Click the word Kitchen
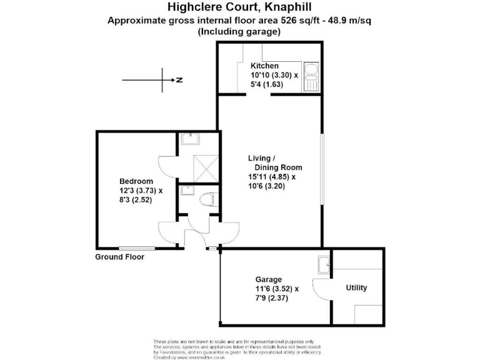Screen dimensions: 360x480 [x=264, y=66]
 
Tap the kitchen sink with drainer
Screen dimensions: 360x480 [x=311, y=77]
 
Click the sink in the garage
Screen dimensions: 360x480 [x=324, y=265]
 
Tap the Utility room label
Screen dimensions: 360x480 [x=356, y=288]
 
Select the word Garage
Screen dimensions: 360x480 [x=268, y=279]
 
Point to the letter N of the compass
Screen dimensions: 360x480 [x=179, y=80]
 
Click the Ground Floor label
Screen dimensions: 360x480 [x=119, y=257]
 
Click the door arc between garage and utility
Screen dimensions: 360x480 [x=320, y=289]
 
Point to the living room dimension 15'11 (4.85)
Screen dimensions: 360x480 [x=271, y=177]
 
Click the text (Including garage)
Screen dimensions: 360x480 [x=240, y=31]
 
